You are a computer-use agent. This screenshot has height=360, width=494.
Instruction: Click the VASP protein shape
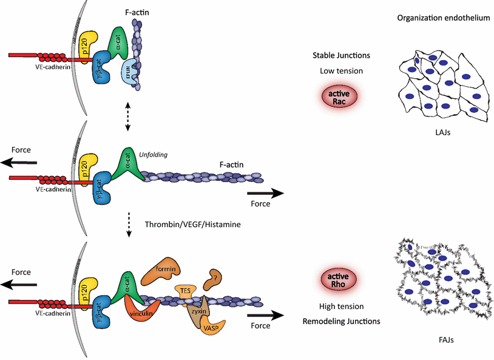tap(212, 327)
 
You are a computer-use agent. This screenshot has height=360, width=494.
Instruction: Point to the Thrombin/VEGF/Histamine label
tap(192, 225)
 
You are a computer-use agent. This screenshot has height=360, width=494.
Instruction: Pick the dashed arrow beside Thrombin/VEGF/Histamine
tap(128, 224)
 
